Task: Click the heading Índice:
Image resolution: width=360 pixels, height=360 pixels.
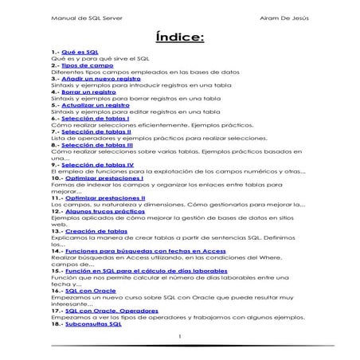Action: point(179,37)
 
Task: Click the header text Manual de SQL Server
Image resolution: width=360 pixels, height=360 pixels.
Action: point(81,17)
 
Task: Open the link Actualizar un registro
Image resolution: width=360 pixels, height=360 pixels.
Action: point(96,105)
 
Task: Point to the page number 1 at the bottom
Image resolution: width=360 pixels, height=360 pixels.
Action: point(180,335)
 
